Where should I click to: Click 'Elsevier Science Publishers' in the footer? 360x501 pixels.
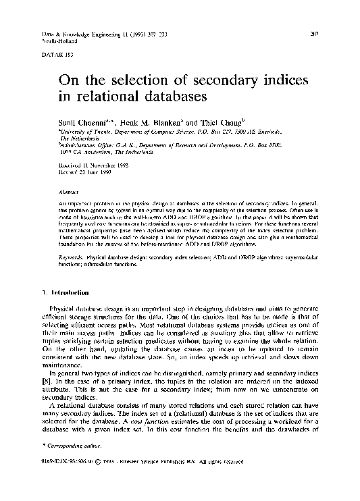point(181,481)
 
